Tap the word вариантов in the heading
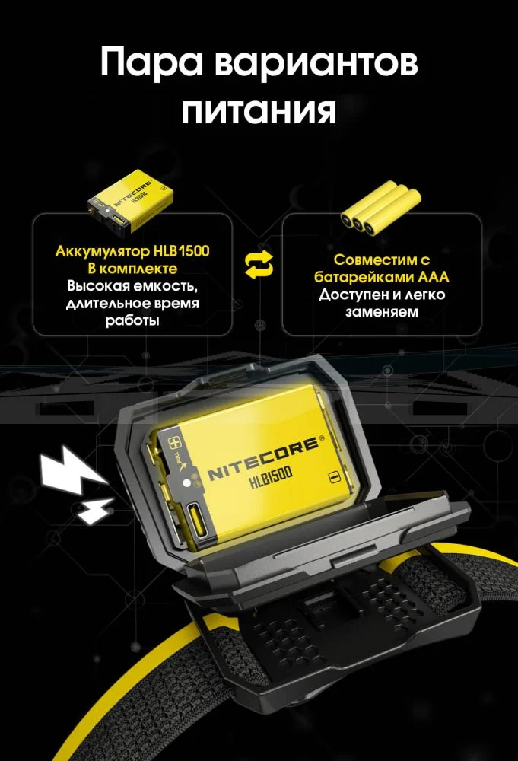coord(316,62)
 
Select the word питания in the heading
coord(259,111)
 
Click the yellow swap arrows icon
coord(259,266)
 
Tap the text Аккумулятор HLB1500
coord(132,251)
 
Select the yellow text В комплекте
coord(132,269)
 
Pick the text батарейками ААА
coord(382,277)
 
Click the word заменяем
coord(382,311)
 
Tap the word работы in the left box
coord(132,320)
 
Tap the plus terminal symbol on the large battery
coord(173,443)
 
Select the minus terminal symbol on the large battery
coord(333,476)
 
